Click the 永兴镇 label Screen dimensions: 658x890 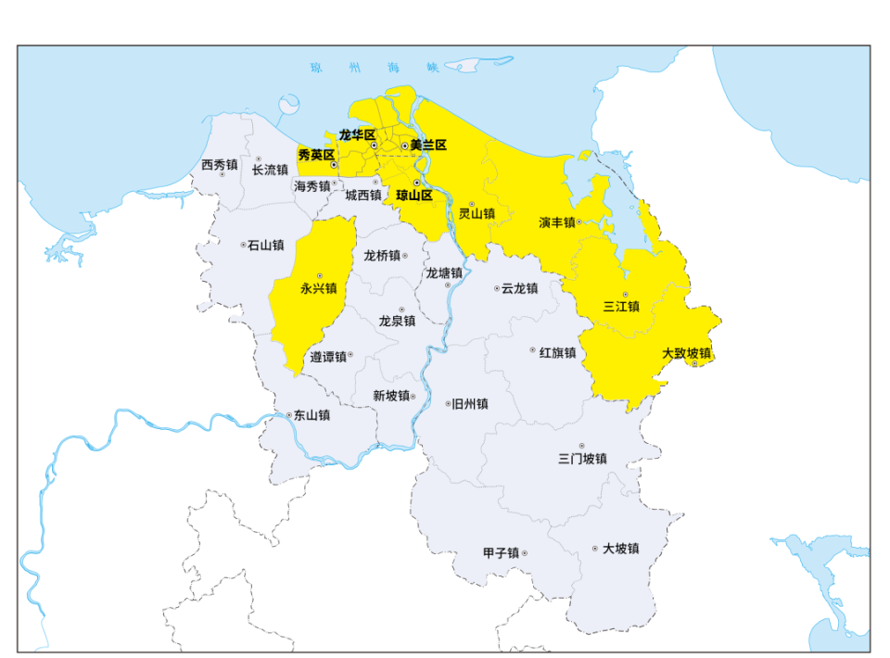point(319,288)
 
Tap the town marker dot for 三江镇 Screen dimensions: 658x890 point(625,295)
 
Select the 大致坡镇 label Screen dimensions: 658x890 point(687,353)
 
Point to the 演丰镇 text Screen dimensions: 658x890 point(557,222)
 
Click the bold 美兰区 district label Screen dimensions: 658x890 point(429,146)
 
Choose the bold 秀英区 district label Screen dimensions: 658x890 point(315,155)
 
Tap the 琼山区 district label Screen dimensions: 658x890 point(414,196)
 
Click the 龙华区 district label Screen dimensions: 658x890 point(357,134)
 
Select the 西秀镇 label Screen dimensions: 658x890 point(220,165)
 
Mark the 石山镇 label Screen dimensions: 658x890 point(266,245)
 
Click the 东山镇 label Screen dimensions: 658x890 point(311,415)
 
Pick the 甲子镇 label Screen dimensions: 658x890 point(501,553)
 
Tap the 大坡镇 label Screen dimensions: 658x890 point(620,549)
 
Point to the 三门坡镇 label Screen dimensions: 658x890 point(582,459)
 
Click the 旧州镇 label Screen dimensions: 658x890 point(470,404)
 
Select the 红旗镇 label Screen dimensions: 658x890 point(558,352)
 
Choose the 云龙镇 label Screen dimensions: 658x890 point(519,288)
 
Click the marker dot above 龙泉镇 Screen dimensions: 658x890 point(401,310)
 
